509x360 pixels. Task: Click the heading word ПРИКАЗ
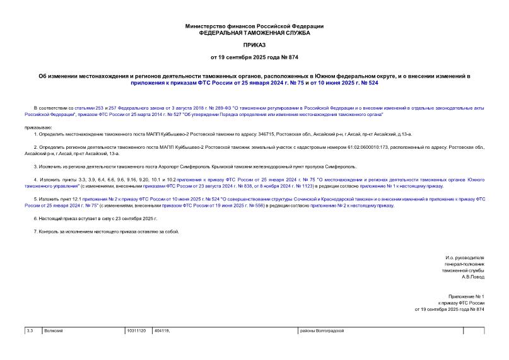point(254,45)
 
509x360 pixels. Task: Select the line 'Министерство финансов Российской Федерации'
point(254,26)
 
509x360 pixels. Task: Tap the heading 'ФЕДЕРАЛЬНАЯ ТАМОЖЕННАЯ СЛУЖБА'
point(254,32)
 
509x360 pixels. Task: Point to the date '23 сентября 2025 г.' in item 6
point(135,218)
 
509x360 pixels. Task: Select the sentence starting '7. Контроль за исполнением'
point(107,231)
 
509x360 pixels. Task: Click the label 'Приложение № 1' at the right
point(465,296)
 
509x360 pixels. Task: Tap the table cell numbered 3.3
point(31,331)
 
